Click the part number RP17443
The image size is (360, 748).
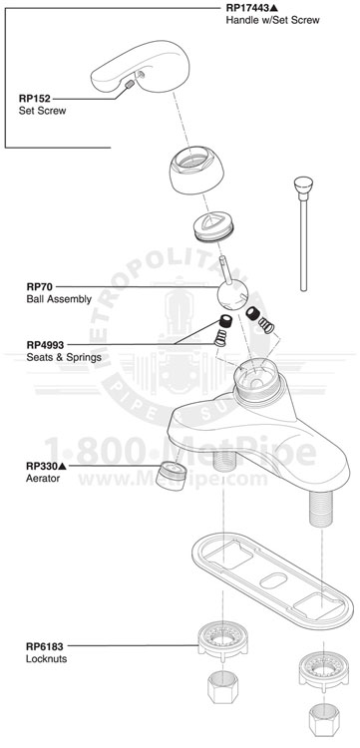(x=250, y=7)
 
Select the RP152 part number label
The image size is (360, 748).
(x=36, y=98)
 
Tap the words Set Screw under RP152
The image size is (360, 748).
(x=42, y=111)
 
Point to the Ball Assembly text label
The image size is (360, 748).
(x=58, y=298)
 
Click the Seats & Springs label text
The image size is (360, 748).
(x=64, y=357)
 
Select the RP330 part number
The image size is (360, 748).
(x=42, y=466)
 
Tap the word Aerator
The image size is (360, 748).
(x=44, y=479)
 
